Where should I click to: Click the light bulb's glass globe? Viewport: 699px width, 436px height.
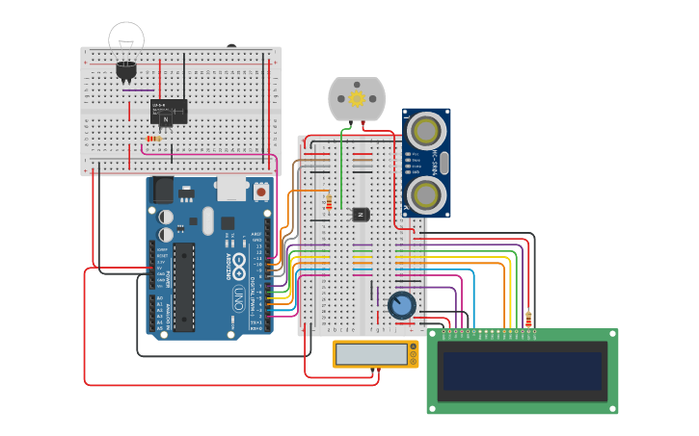coord(126,38)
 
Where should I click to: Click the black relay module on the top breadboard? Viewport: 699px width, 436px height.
coord(169,113)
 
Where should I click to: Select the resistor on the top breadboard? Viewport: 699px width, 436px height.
coord(153,139)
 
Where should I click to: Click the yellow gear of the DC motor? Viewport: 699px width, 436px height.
coord(357,98)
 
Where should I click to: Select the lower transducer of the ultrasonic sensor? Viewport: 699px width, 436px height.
coord(425,195)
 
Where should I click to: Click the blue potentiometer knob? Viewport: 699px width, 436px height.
coord(401,306)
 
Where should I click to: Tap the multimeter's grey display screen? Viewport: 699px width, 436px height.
coord(372,354)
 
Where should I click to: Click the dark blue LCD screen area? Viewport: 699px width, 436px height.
coord(522,371)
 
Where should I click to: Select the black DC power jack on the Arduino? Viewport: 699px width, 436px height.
coord(163,189)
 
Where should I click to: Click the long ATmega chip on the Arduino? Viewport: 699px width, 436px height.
coord(183,286)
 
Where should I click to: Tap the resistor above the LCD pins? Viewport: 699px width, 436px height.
coord(528,319)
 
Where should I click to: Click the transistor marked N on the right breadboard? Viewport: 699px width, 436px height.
coord(362,214)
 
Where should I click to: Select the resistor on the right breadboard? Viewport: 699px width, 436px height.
coord(330,202)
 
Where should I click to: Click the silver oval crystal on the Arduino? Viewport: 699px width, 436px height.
coord(207,221)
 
